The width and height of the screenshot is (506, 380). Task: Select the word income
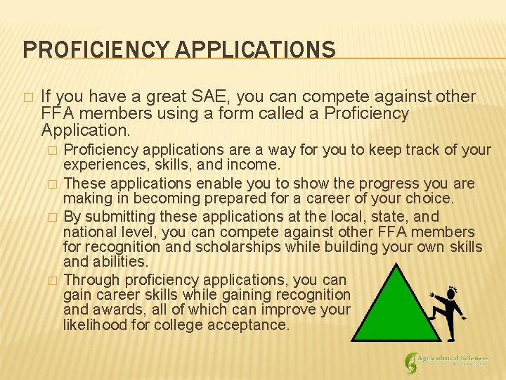pyautogui.click(x=256, y=165)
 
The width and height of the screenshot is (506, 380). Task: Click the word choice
pyautogui.click(x=431, y=198)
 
